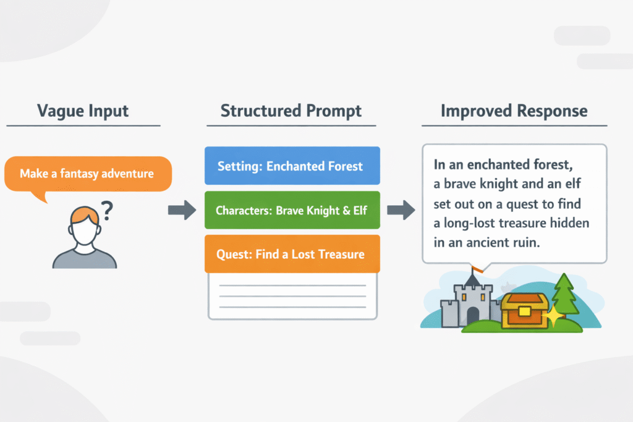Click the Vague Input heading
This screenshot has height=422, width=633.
pos(83,111)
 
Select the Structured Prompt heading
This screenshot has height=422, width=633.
pos(291,111)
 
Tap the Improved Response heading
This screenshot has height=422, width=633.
pos(514,111)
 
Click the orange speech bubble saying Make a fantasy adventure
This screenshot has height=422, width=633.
pos(86,174)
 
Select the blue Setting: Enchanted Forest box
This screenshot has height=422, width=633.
pos(291,166)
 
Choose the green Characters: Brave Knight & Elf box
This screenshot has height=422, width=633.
pos(291,210)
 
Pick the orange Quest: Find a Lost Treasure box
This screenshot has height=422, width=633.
pos(291,254)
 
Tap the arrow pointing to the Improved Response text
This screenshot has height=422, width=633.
pos(401,210)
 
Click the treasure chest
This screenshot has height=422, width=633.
pos(524,311)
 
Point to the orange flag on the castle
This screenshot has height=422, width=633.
pos(477,269)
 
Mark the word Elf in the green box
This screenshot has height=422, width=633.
pos(358,210)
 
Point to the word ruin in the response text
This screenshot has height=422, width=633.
pos(527,242)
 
